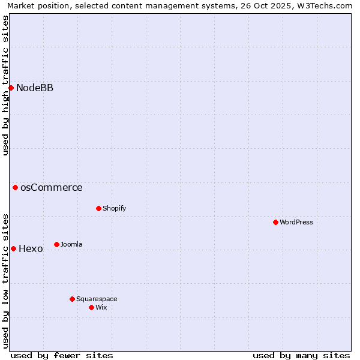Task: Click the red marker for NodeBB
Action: pos(11,88)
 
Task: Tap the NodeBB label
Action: pos(35,88)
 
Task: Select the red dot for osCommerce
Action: pos(15,188)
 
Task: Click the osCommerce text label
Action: pos(51,188)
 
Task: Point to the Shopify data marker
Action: pos(98,209)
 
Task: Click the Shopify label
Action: pos(114,209)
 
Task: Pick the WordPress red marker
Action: pos(275,223)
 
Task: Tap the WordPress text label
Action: pos(296,223)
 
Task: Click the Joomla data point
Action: pos(56,245)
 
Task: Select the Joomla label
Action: pos(71,245)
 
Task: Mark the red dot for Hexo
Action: pos(13,249)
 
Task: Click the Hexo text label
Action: pos(31,249)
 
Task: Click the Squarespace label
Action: pos(97,299)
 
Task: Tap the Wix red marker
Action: pos(91,308)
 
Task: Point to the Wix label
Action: pos(101,308)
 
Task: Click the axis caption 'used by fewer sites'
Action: pos(62,356)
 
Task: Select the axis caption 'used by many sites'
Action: pos(301,356)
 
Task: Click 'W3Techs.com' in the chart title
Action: pos(328,6)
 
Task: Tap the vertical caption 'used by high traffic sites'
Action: pos(6,85)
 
